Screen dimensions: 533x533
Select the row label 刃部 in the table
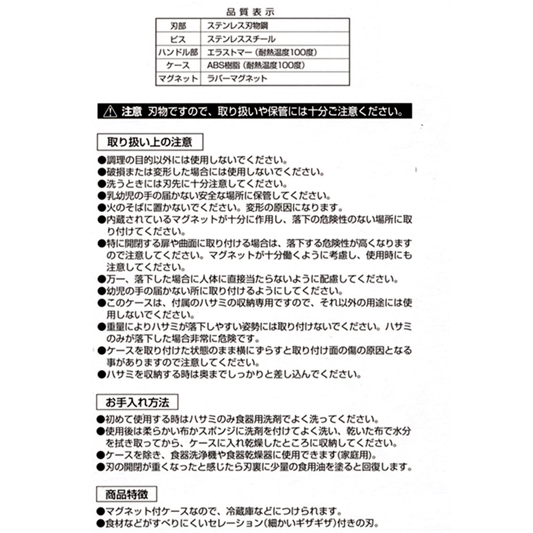(178, 25)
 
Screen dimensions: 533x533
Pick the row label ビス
(178, 39)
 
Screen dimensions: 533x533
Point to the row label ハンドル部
(178, 52)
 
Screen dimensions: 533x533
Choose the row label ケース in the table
(178, 66)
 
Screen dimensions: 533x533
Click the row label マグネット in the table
(178, 79)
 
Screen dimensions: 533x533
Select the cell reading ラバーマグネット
(237, 79)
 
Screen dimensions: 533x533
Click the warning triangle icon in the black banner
(110, 112)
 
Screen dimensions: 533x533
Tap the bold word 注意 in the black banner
(131, 112)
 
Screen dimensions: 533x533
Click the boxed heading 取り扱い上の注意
(149, 142)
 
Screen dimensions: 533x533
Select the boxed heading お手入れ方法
(137, 401)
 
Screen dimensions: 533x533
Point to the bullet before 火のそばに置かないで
(101, 207)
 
